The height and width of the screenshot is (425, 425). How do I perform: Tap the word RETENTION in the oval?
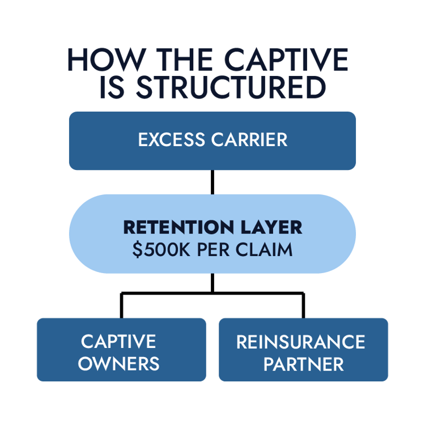coord(179,227)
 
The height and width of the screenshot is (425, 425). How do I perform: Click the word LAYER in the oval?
coord(270,227)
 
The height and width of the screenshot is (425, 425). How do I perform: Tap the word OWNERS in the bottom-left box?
coord(118,363)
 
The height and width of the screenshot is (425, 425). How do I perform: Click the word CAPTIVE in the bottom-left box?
coord(118,341)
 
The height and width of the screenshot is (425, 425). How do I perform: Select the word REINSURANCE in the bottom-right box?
coord(300,341)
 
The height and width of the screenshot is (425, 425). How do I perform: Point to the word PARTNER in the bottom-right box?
coord(304,363)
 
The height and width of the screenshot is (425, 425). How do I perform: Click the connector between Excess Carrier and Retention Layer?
coord(212,182)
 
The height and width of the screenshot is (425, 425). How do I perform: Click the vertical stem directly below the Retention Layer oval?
coord(212,282)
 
